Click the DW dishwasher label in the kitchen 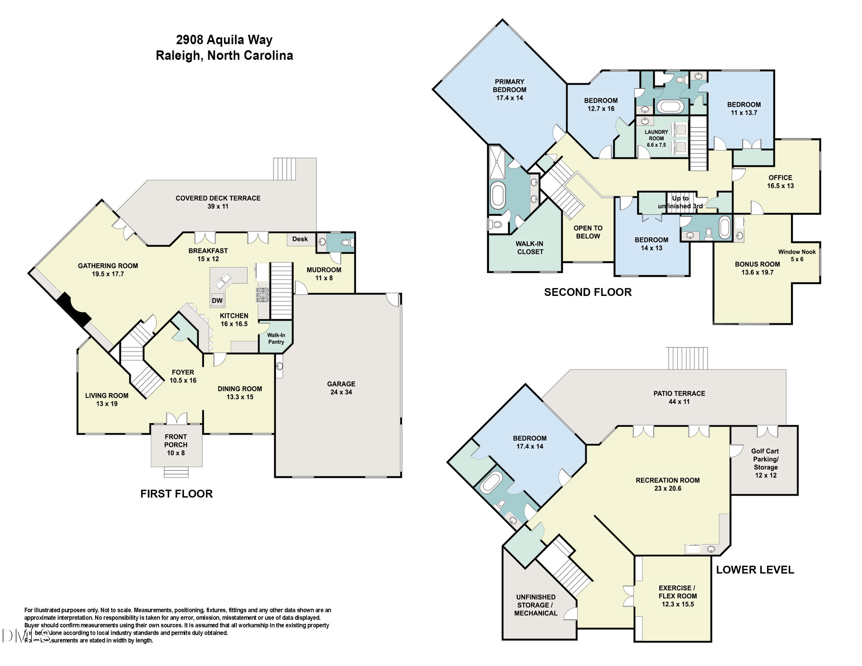point(217,300)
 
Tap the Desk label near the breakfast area point(300,239)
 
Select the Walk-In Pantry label point(276,338)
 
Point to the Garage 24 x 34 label point(341,388)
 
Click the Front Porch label point(176,445)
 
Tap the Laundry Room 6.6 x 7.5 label point(656,138)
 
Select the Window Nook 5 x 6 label point(796,255)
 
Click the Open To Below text point(588,232)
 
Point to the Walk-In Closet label point(529,248)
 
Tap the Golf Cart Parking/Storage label point(765,463)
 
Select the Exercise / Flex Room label point(677,596)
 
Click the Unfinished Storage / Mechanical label point(536,605)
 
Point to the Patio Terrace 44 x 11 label point(679,397)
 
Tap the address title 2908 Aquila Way point(224,40)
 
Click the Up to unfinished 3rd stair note point(680,202)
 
